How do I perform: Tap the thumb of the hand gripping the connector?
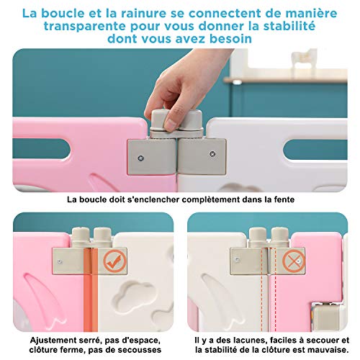coord(165,101)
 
